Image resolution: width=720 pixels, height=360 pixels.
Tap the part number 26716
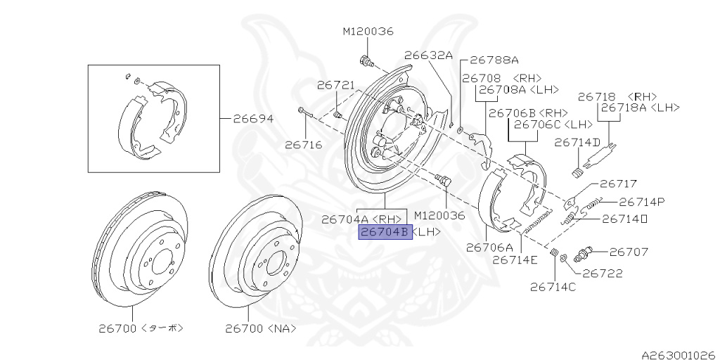(x=303, y=146)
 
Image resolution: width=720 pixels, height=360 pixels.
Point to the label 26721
(x=335, y=85)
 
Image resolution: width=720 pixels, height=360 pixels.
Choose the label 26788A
(x=494, y=60)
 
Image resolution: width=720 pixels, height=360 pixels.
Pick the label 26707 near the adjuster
(x=629, y=251)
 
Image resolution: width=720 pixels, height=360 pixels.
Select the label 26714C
(x=553, y=286)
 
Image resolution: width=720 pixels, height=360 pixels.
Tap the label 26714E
(x=515, y=259)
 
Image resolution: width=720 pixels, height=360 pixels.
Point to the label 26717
(x=618, y=185)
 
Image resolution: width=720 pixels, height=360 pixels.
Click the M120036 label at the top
(x=368, y=32)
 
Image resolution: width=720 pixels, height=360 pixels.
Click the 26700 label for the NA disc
(x=261, y=328)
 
